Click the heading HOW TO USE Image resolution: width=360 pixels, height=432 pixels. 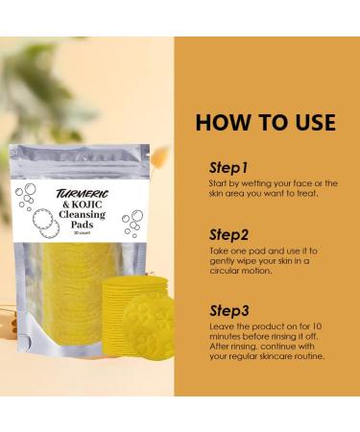pyautogui.click(x=266, y=123)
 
